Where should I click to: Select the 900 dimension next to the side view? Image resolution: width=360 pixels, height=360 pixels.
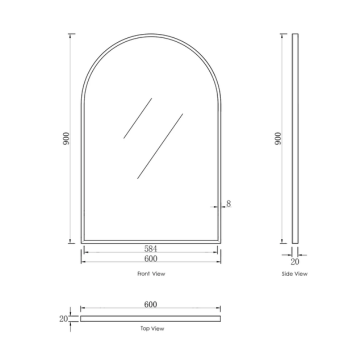(278, 139)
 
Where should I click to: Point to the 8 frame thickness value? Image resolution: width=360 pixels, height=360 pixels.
(229, 204)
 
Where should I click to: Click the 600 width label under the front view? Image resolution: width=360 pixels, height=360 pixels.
(151, 257)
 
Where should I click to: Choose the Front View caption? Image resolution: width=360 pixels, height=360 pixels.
(151, 273)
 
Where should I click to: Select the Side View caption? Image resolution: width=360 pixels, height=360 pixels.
(295, 273)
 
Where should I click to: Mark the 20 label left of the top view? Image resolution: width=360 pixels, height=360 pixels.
(63, 318)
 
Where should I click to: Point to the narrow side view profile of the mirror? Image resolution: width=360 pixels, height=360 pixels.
(295, 139)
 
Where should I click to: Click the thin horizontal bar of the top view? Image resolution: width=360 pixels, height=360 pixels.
(151, 318)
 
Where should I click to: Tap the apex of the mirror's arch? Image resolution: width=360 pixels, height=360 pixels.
(151, 34)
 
